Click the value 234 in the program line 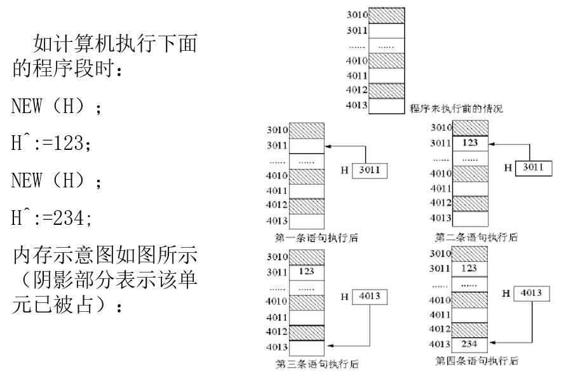[71, 219]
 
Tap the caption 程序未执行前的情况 [456, 109]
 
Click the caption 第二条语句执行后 [476, 238]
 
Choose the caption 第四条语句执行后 [476, 361]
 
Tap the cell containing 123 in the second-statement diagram [470, 143]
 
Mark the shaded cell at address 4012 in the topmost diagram [386, 90]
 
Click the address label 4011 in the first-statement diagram [277, 190]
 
